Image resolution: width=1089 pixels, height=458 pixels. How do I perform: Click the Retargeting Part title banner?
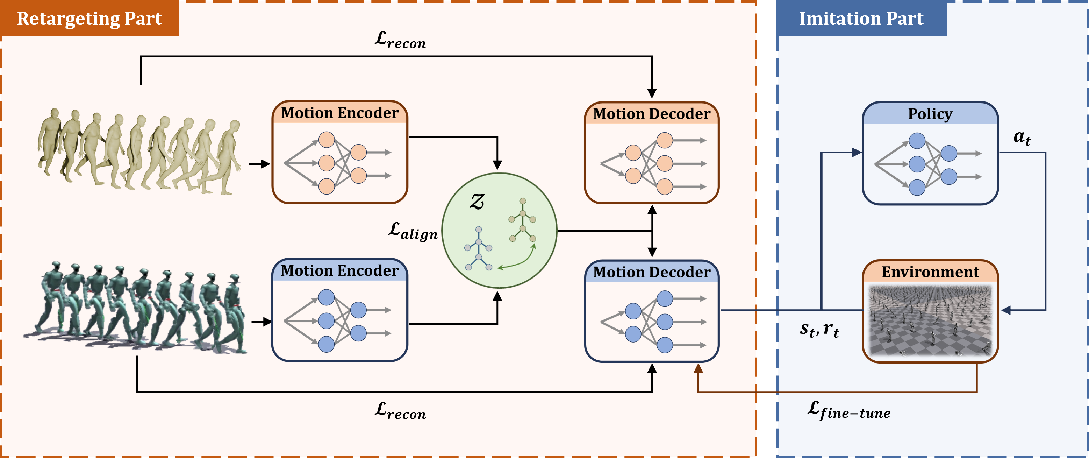tap(89, 19)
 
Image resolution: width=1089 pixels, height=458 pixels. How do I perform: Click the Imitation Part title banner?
tap(861, 19)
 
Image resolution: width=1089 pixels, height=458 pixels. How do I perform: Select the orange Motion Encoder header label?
tap(339, 113)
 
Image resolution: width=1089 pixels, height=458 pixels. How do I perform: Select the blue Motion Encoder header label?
tap(339, 270)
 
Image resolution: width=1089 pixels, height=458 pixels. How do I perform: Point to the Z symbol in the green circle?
tap(477, 202)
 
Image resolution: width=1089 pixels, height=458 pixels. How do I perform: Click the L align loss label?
tap(413, 231)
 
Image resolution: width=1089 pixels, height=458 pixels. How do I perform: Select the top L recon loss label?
tap(400, 41)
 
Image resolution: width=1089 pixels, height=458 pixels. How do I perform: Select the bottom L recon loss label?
tap(400, 411)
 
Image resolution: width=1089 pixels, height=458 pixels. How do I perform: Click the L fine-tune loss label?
tap(848, 411)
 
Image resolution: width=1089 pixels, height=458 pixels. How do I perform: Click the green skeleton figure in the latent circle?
tap(523, 220)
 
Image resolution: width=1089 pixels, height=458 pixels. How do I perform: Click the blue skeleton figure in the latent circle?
tap(479, 249)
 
